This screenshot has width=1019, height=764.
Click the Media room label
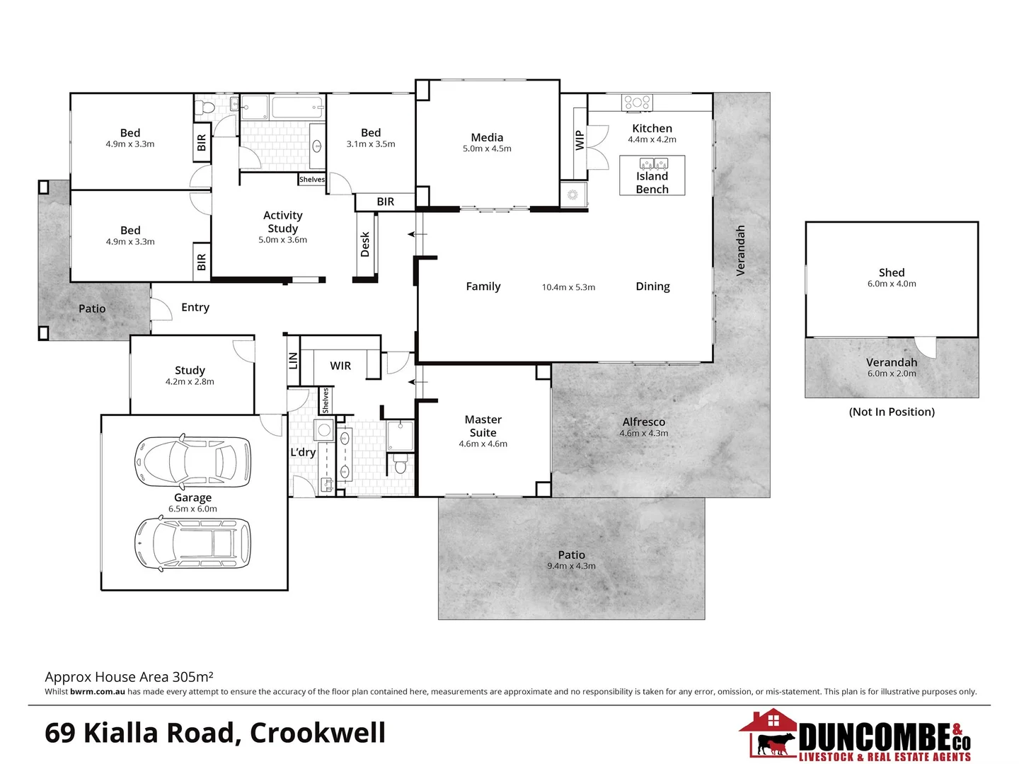(487, 137)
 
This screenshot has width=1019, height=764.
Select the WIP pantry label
(580, 140)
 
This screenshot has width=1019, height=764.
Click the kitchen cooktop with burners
(637, 103)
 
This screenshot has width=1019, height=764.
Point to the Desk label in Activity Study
(365, 244)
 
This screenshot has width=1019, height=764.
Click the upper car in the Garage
(192, 461)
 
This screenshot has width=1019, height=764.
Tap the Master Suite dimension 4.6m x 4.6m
(483, 444)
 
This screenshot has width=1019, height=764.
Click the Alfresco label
(643, 422)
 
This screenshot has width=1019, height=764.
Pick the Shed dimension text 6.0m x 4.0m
(892, 284)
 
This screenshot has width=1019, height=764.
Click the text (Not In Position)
(892, 412)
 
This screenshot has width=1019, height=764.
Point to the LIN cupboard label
(293, 361)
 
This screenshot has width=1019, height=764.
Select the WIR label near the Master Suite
(340, 366)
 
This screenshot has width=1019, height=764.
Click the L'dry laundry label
(303, 452)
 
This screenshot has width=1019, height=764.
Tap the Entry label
(195, 307)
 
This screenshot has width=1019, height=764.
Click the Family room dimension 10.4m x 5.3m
(568, 287)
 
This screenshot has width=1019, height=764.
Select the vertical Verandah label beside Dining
(741, 250)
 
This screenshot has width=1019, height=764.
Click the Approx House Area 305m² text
(129, 677)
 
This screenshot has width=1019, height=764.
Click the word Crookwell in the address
(318, 733)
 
